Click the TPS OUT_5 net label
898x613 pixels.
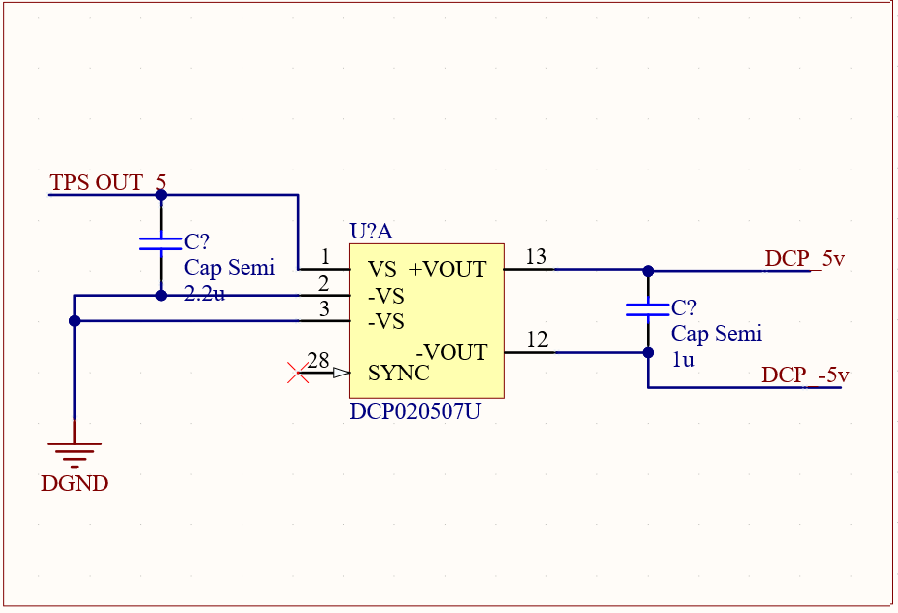(107, 183)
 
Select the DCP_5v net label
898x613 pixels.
(804, 259)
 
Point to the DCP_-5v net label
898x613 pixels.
(804, 375)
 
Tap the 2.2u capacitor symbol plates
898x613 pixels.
(161, 243)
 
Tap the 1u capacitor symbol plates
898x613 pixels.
(648, 310)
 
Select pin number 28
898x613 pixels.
(318, 361)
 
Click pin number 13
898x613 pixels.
(536, 257)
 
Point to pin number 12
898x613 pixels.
(537, 340)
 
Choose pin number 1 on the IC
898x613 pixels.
(325, 257)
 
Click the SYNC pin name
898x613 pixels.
(398, 375)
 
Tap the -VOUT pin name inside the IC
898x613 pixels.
(451, 352)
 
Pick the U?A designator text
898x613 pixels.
(371, 232)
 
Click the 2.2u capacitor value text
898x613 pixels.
(204, 293)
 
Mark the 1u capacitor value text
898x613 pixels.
(683, 360)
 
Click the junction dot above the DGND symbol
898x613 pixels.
(75, 320)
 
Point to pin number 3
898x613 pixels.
(325, 309)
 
